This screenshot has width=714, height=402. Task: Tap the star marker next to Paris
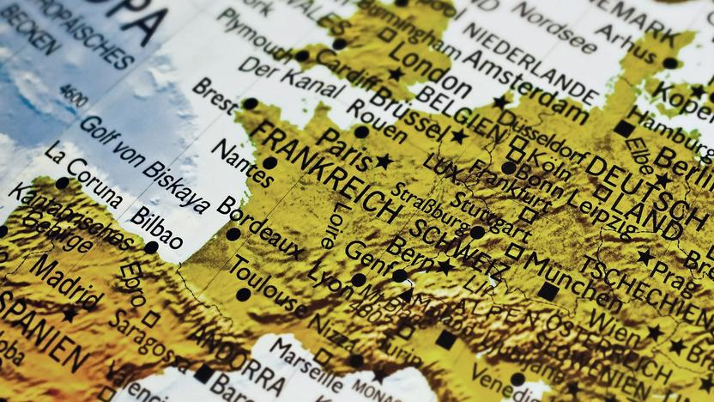tap(383, 161)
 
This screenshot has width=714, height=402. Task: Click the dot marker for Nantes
tap(269, 162)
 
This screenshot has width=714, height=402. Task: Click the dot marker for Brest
tap(249, 104)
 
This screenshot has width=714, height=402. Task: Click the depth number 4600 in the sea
tap(76, 95)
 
